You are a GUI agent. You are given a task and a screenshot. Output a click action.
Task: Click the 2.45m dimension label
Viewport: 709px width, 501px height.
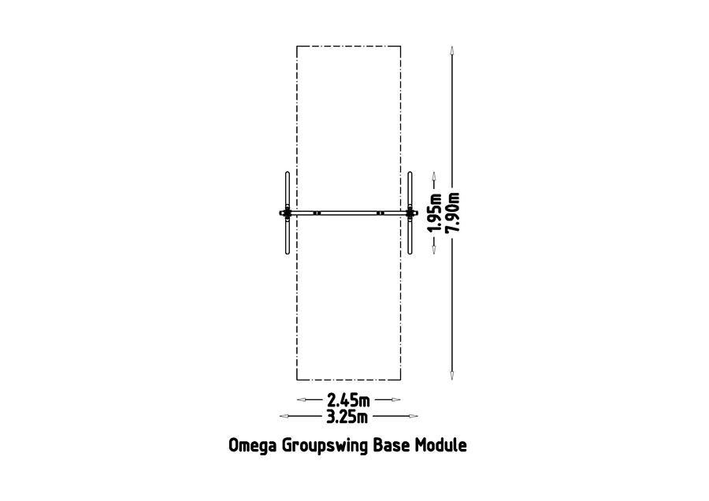pyautogui.click(x=349, y=400)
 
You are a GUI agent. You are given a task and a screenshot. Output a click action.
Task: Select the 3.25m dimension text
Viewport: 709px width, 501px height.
pyautogui.click(x=347, y=417)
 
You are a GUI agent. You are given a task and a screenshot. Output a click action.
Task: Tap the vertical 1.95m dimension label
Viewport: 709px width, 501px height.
pyautogui.click(x=435, y=213)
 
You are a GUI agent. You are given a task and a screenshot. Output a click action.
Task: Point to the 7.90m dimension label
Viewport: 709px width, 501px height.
pyautogui.click(x=453, y=213)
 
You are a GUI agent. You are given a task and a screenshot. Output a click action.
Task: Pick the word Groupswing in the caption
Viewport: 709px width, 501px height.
pyautogui.click(x=325, y=446)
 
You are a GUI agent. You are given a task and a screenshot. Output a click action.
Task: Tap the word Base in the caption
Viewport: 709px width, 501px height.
pyautogui.click(x=392, y=445)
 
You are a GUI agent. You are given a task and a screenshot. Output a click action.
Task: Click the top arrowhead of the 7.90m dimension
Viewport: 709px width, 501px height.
pyautogui.click(x=451, y=50)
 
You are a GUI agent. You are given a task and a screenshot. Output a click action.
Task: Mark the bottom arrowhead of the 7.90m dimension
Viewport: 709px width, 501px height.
pyautogui.click(x=451, y=375)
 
